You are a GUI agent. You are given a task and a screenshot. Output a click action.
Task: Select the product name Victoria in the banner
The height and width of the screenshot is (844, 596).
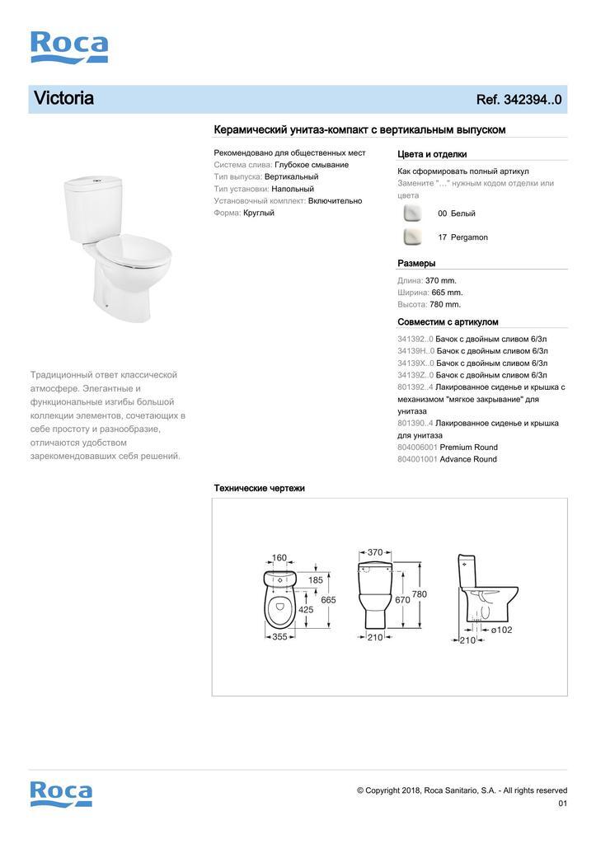coord(63,99)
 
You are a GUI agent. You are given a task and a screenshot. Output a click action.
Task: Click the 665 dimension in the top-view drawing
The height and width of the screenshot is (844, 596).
coord(328,600)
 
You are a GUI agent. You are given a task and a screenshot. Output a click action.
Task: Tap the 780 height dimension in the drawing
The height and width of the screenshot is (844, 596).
coord(419,594)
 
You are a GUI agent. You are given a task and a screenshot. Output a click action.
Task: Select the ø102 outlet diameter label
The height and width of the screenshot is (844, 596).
coord(501,631)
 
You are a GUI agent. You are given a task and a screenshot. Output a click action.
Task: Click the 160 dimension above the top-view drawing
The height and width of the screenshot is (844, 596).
coord(279,558)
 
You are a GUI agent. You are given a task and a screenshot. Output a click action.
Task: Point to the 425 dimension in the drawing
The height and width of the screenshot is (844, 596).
coord(306,610)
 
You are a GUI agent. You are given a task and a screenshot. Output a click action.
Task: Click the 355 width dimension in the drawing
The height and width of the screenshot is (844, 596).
coord(279,636)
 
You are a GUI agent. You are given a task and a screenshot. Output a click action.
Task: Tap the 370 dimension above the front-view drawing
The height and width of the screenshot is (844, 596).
coord(374,552)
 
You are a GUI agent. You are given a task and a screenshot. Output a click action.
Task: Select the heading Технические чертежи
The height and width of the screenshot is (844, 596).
coord(259,488)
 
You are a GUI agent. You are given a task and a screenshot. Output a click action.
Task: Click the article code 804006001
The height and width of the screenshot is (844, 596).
coord(417,448)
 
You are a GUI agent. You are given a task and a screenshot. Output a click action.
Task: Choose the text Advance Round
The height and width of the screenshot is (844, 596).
coord(468,459)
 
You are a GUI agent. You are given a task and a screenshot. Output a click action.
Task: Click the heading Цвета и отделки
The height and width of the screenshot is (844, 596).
coord(432,154)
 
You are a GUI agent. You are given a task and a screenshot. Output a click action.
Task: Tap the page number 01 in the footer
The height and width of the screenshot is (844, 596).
coord(562,804)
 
